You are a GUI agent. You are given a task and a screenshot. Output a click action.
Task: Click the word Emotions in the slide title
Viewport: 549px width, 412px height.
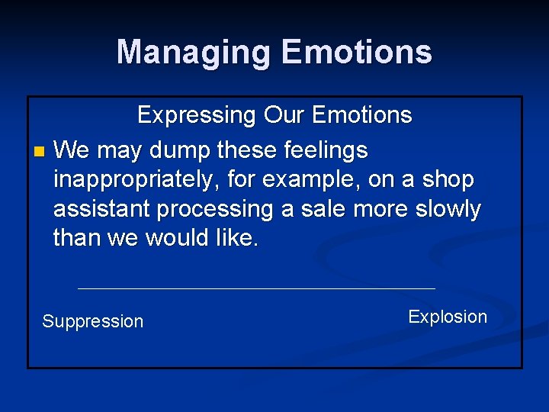click(356, 53)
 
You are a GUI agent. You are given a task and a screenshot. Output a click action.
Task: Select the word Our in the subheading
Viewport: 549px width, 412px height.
click(285, 116)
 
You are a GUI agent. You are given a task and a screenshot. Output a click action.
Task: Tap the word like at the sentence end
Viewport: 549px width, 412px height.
click(237, 238)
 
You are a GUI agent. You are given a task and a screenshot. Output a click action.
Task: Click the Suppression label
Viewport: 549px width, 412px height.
click(92, 322)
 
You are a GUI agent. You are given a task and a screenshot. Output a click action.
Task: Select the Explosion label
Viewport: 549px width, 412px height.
click(448, 317)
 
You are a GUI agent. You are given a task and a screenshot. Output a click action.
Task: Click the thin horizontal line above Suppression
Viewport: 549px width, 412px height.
click(256, 288)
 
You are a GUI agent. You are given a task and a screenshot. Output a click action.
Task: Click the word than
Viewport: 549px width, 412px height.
click(77, 238)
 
